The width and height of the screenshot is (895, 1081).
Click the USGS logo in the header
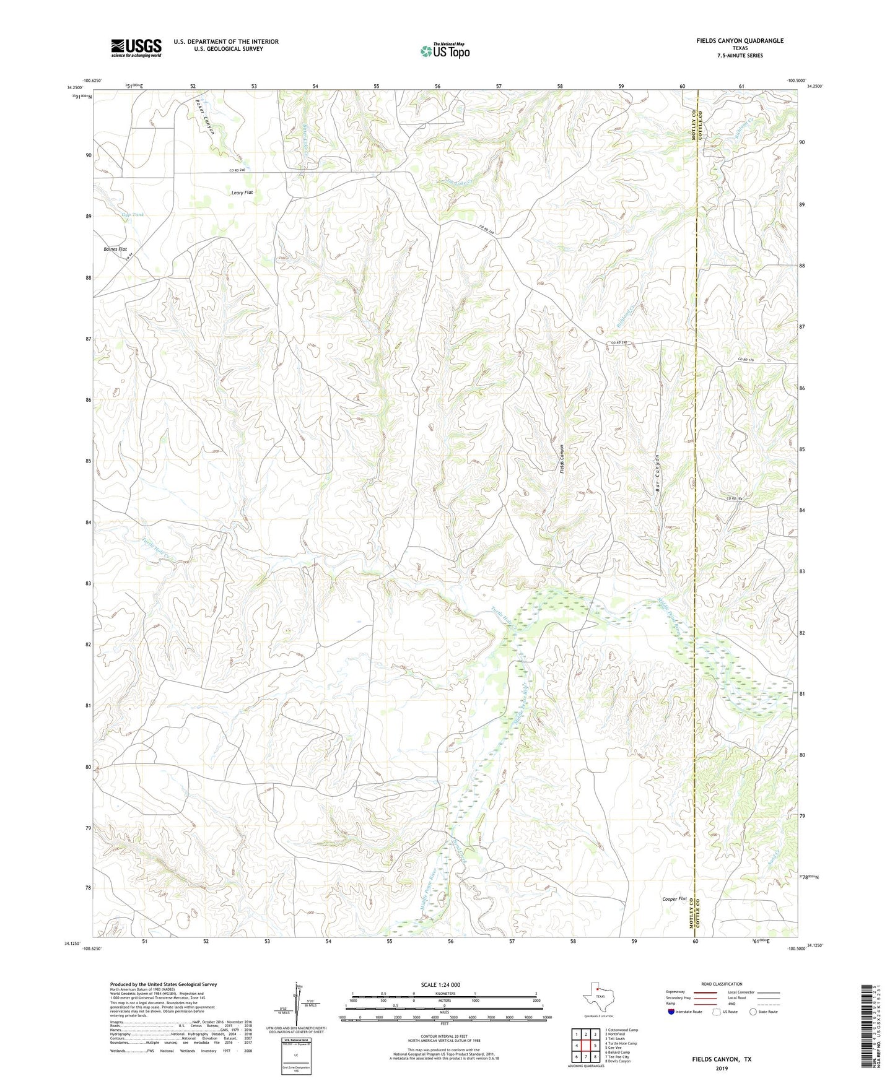(136, 48)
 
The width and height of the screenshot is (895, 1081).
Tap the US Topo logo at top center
(445, 51)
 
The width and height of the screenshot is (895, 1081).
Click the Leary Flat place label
(242, 193)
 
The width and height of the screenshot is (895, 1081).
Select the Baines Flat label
(115, 249)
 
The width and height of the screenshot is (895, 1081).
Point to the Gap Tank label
(133, 214)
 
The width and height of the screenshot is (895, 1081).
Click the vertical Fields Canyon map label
(562, 459)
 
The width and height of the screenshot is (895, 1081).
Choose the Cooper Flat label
(675, 898)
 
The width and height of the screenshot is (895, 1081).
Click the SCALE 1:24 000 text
(440, 984)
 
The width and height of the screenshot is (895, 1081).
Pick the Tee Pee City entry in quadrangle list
(617, 1056)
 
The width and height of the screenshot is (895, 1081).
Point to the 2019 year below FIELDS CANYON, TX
(722, 1068)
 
